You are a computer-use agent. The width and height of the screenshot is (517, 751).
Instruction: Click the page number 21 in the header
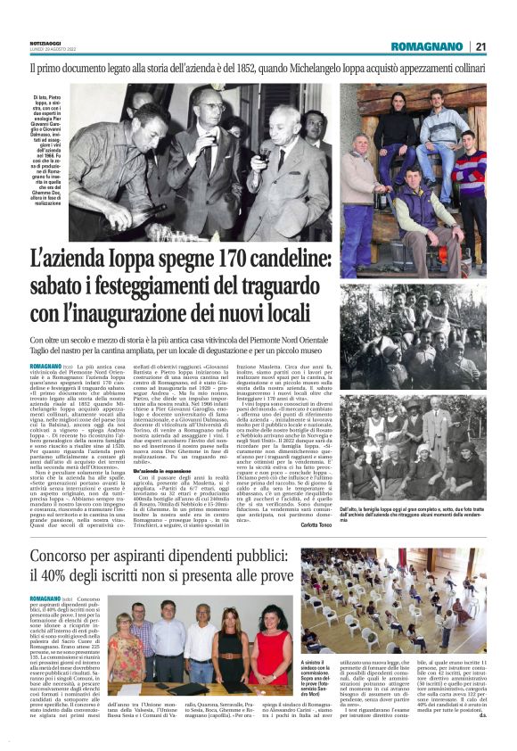(x=480, y=46)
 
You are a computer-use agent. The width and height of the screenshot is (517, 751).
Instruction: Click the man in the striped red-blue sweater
(x=469, y=169)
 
